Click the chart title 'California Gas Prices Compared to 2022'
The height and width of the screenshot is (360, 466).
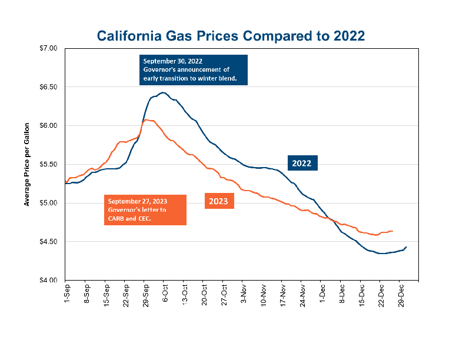coord(231,36)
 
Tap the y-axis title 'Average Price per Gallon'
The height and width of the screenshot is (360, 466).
coord(27,164)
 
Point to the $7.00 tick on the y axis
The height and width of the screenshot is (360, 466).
coord(49,48)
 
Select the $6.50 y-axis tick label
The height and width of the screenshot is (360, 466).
coord(49,86)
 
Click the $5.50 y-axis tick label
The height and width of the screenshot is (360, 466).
coord(49,164)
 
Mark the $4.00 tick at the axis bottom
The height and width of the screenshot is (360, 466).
coord(49,280)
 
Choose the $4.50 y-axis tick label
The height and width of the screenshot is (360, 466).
coord(49,242)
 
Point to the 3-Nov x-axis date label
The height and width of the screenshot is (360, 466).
coord(242,294)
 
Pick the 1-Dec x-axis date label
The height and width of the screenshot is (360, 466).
coord(321,294)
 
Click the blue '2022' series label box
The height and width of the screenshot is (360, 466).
coord(302,163)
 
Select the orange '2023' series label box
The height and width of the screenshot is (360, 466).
coord(219,201)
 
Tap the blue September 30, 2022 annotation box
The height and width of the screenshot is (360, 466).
coord(194,70)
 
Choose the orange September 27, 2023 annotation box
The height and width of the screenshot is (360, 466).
coord(145,210)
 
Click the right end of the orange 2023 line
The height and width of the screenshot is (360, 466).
coord(392,231)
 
